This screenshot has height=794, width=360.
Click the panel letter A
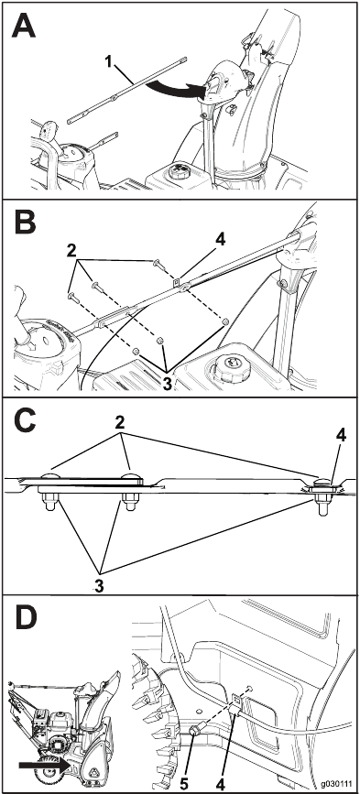24,27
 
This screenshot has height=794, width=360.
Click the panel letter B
25,222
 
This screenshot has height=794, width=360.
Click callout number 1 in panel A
108,61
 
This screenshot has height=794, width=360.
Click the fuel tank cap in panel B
230,369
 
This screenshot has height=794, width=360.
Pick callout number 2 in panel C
120,423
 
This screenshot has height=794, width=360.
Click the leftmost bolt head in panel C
49,477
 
